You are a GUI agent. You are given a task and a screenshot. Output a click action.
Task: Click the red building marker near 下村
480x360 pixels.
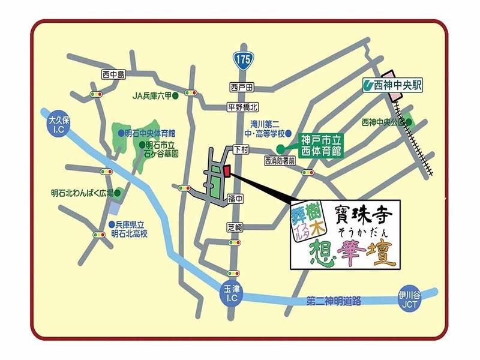tap(227, 172)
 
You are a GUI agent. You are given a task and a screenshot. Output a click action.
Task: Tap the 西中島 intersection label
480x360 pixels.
tap(113, 74)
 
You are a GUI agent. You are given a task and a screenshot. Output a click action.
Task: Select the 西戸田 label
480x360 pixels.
tap(242, 87)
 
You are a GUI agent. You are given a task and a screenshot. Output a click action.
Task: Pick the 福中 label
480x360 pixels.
tap(235, 197)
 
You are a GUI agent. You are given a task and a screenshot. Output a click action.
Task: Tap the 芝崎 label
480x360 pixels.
tap(235, 227)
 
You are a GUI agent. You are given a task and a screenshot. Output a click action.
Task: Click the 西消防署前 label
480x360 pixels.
tap(280, 161)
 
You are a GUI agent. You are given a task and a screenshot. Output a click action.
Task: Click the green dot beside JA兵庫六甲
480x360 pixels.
tap(176, 95)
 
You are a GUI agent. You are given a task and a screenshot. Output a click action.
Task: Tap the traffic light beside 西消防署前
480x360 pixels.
tap(308, 173)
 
